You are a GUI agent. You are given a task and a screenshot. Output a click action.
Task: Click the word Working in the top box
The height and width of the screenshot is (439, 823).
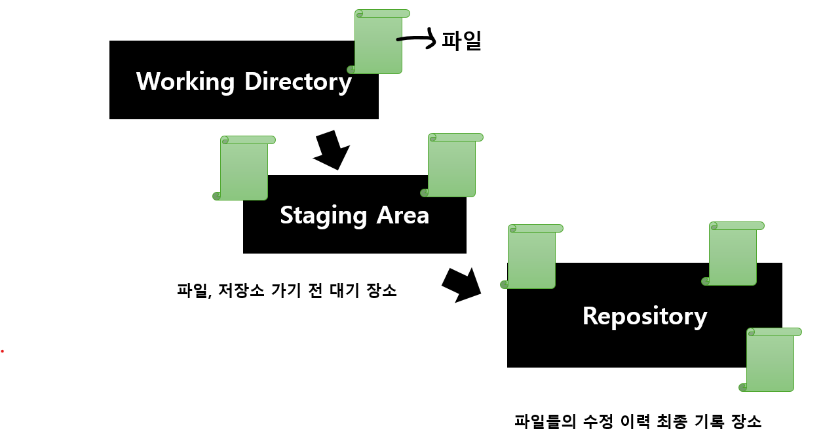[185, 82]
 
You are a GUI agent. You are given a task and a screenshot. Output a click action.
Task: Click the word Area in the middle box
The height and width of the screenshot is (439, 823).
[403, 215]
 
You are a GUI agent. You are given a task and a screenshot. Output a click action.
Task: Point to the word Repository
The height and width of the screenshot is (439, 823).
[645, 316]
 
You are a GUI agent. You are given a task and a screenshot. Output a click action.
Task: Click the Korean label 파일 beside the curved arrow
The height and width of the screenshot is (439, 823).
[462, 41]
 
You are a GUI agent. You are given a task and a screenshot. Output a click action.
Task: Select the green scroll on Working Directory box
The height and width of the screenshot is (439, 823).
[378, 42]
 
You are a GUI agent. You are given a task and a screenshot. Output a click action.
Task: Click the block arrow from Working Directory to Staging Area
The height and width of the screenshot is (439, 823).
[332, 150]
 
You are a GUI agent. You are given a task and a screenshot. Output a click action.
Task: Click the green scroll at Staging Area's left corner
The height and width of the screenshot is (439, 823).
[244, 168]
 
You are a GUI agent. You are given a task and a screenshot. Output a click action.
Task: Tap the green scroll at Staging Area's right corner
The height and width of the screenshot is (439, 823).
[451, 165]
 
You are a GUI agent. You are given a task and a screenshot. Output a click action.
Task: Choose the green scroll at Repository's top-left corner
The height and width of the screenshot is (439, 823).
[531, 256]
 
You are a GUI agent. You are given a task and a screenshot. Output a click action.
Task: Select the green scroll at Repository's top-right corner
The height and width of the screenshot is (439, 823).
[733, 254]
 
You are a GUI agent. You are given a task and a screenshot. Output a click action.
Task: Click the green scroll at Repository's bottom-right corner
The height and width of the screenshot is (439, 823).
[770, 360]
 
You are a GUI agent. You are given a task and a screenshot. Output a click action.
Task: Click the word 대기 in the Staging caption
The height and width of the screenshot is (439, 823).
[337, 290]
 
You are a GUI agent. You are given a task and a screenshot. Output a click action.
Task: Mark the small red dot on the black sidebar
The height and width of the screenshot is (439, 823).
[3, 351]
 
